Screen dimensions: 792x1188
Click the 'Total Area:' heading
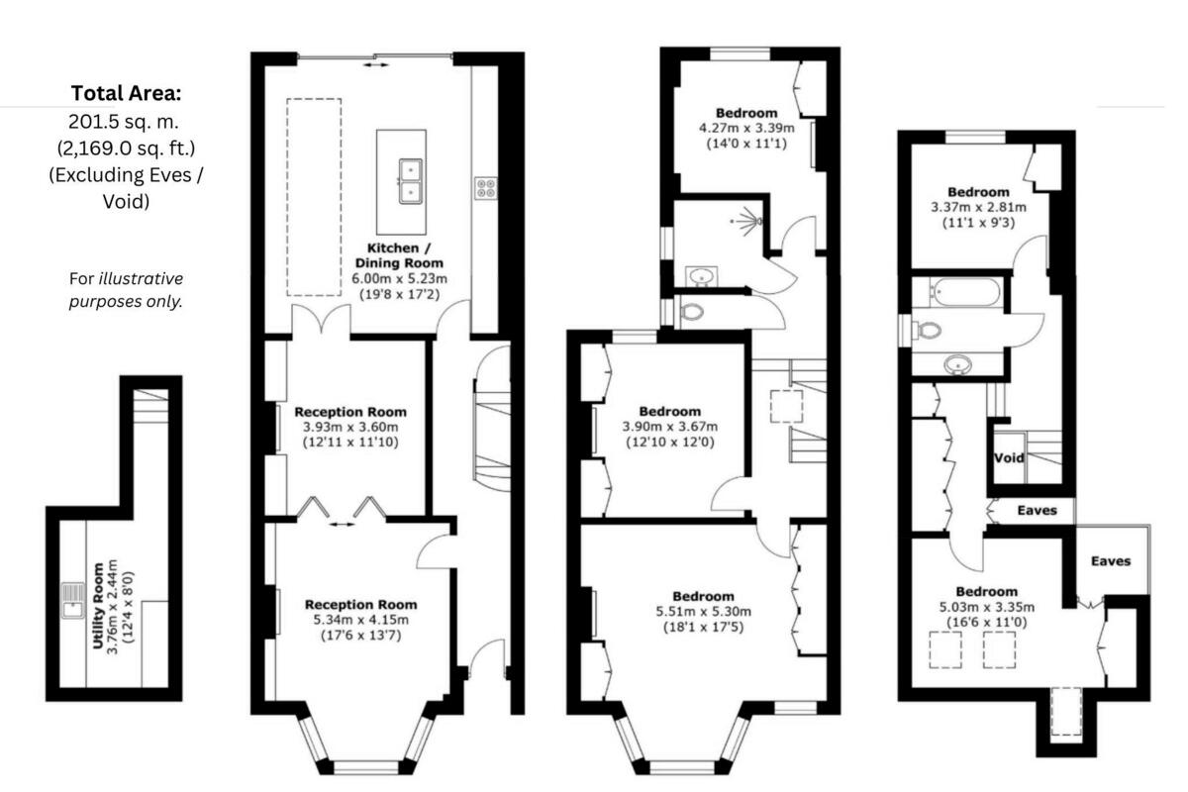pos(126,93)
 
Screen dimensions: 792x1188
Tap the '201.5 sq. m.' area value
pos(126,121)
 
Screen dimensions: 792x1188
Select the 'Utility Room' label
pos(99,606)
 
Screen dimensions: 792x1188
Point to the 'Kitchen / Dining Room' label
pos(391,254)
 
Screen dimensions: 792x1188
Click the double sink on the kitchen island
pos(411,179)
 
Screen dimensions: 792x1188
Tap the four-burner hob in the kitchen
pos(486,187)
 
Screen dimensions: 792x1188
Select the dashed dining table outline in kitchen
pos(314,196)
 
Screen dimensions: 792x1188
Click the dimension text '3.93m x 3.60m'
pos(350,428)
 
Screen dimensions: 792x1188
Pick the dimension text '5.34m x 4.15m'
pos(360,620)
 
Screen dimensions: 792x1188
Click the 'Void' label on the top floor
pos(1009,458)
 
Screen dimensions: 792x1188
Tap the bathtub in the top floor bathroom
pos(965,291)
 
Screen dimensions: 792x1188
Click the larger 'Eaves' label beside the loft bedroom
pos(1111,560)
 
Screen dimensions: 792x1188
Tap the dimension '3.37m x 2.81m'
pos(978,207)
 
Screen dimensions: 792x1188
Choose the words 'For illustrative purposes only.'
pos(126,290)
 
